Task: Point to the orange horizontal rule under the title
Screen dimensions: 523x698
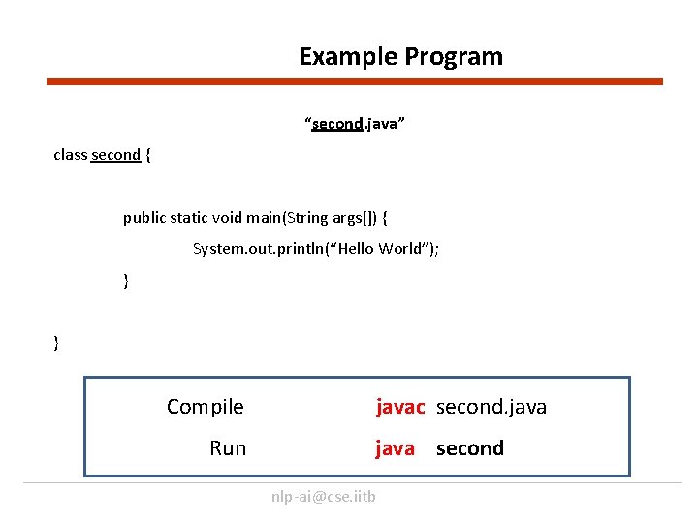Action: tap(355, 82)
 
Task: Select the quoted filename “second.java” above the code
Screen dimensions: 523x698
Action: tap(355, 125)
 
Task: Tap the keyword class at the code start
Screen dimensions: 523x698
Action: tap(71, 155)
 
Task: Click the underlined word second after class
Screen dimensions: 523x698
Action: tap(115, 155)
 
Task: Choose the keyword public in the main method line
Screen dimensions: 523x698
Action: tap(143, 218)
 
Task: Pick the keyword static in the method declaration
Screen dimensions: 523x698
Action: tap(190, 218)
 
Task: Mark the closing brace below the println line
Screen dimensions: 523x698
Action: tap(126, 281)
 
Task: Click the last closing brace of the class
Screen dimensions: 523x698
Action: tap(56, 342)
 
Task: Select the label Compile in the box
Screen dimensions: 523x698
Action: tap(206, 407)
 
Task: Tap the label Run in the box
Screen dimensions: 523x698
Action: tap(228, 448)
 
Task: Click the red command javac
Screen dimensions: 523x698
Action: tap(400, 407)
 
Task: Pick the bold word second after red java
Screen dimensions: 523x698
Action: tap(470, 448)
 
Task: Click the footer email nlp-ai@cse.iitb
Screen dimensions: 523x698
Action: tap(324, 497)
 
